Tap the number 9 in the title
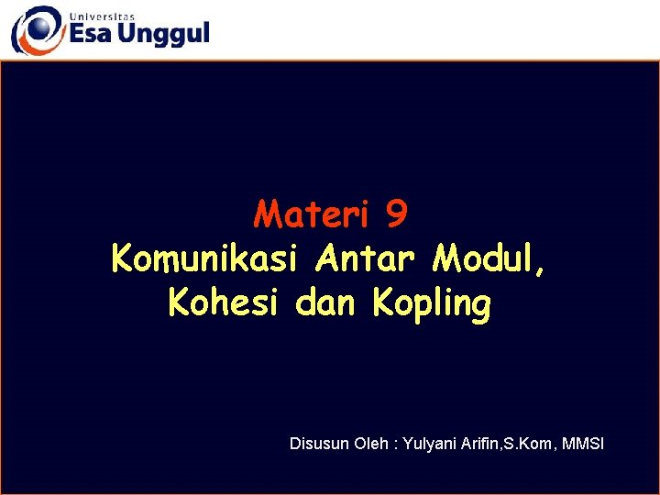(397, 215)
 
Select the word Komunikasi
(203, 259)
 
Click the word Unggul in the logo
(166, 36)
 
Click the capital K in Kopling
(382, 303)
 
